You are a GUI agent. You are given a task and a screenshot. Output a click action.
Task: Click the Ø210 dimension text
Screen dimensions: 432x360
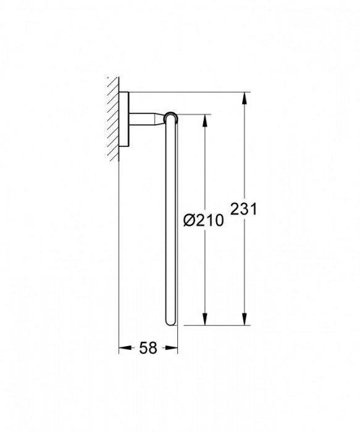204,219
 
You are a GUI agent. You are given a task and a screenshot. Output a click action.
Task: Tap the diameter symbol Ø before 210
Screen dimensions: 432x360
190,219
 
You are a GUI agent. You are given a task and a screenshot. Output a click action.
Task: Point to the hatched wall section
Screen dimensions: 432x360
112,117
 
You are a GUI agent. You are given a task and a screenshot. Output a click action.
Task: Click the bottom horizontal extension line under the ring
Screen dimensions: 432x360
210,325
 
